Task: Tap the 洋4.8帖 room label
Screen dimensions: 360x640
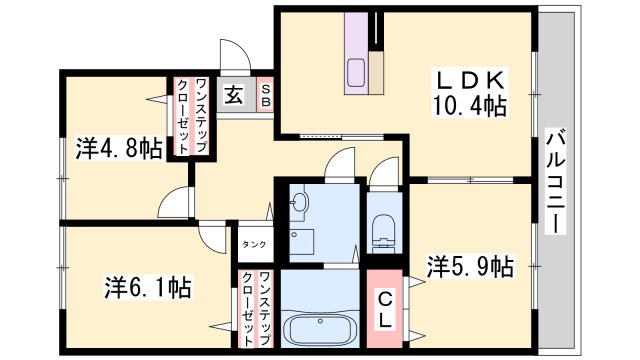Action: coord(119,149)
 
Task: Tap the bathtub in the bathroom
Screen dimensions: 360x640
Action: coord(320,326)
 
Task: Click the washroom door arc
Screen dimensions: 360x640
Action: coord(340,163)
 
